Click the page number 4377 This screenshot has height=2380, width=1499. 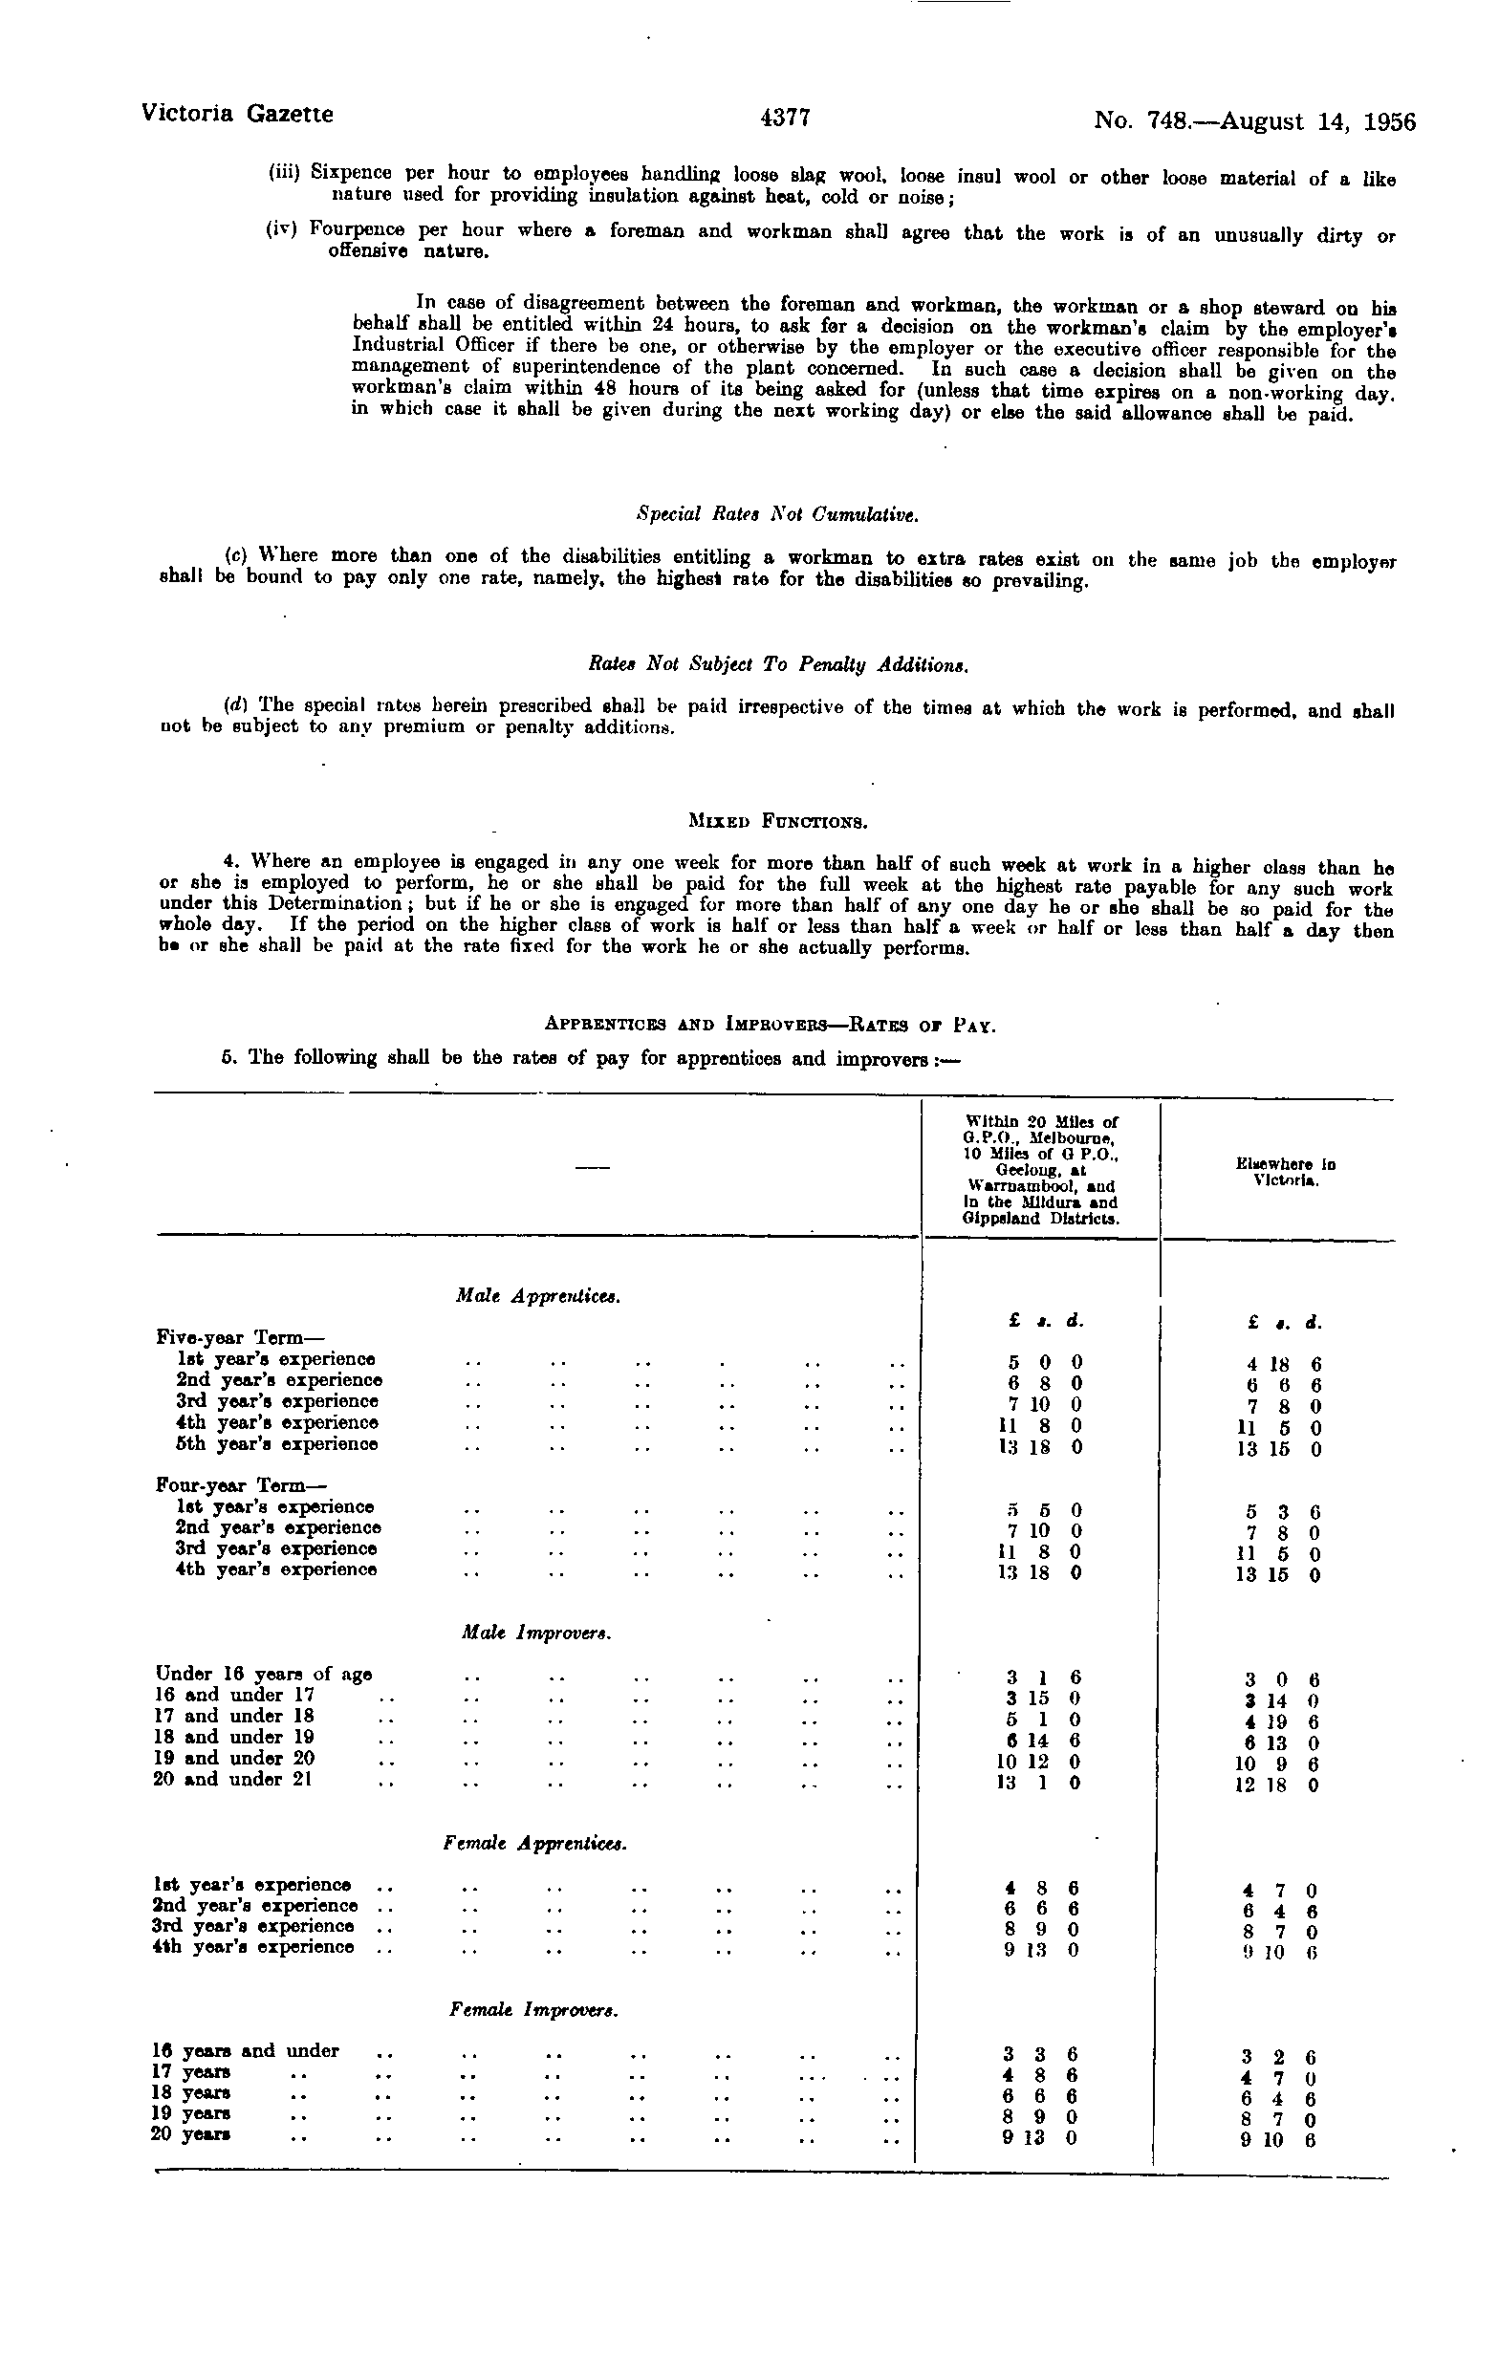click(x=785, y=118)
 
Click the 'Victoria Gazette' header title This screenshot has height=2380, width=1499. click(x=237, y=114)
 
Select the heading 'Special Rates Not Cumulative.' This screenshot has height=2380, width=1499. click(x=777, y=515)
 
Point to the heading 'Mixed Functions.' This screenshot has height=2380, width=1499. click(x=777, y=820)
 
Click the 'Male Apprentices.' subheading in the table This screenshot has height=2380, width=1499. click(x=538, y=1295)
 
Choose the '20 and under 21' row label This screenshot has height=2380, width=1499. click(x=233, y=1779)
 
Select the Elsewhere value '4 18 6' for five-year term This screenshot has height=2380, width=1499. click(x=1280, y=1364)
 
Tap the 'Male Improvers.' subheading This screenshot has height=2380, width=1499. click(x=536, y=1634)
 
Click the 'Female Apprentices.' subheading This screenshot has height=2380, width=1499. click(x=534, y=1844)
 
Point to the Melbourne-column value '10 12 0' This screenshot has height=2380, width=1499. click(x=1038, y=1762)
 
